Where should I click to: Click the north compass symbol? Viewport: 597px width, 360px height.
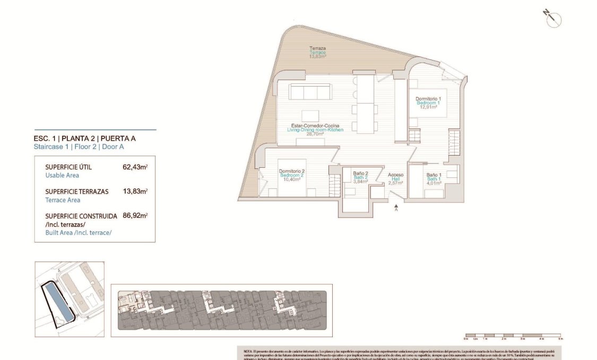(552, 19)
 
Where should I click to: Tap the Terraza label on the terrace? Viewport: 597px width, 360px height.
(318, 48)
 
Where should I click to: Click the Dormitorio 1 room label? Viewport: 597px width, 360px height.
(428, 99)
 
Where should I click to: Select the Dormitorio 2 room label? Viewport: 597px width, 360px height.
(291, 171)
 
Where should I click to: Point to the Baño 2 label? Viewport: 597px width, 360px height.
(361, 173)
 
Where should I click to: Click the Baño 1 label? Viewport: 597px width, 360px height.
(434, 175)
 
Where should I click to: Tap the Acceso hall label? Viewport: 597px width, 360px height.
(395, 175)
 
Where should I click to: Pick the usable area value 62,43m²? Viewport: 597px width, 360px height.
(135, 167)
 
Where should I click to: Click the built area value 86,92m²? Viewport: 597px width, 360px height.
(135, 216)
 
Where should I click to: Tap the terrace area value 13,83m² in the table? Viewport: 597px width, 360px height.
(135, 191)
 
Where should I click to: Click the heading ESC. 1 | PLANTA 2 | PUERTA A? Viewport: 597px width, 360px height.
(84, 139)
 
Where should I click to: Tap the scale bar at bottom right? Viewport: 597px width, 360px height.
(512, 335)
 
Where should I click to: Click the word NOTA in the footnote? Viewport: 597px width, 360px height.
(247, 352)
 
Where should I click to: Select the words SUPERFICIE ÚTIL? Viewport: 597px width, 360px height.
(68, 167)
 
